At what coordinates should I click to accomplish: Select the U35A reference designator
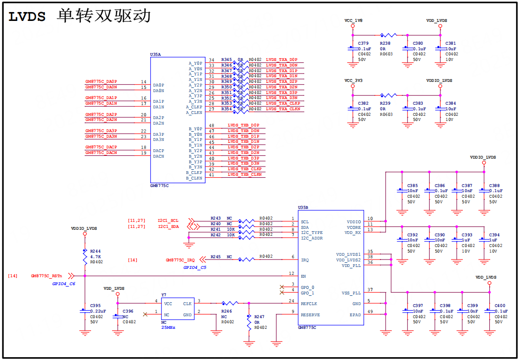155,54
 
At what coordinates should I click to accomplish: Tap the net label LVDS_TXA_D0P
281,60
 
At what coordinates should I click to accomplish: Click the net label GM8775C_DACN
101,153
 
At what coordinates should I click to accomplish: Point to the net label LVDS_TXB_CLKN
244,174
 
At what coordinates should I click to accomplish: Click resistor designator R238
385,43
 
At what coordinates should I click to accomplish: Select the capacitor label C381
451,43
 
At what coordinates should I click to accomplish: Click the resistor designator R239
385,103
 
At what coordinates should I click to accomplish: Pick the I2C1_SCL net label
168,220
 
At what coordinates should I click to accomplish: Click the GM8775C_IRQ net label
180,260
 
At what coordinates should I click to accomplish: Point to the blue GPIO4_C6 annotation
64,283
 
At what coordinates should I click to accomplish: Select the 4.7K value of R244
95,256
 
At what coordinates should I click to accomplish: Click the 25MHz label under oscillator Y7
168,327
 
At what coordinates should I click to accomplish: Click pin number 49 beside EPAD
370,312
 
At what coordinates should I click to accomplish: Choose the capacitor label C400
500,306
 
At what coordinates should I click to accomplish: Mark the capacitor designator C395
95,306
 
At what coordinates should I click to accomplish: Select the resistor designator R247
259,317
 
